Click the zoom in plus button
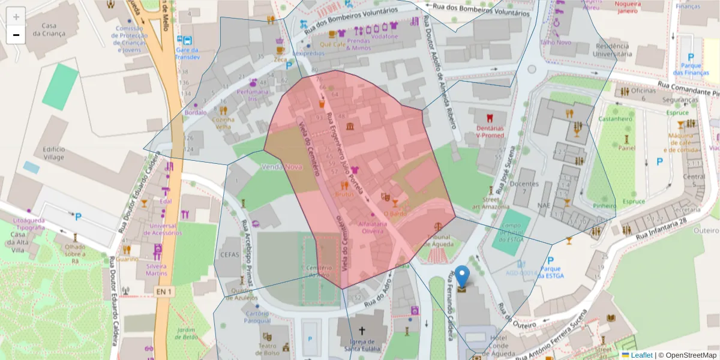point(16,17)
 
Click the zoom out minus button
point(16,35)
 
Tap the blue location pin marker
point(462,278)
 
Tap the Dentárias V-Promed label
point(490,131)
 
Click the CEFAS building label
point(230,256)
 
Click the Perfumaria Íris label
point(253,95)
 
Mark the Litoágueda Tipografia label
point(29,224)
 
